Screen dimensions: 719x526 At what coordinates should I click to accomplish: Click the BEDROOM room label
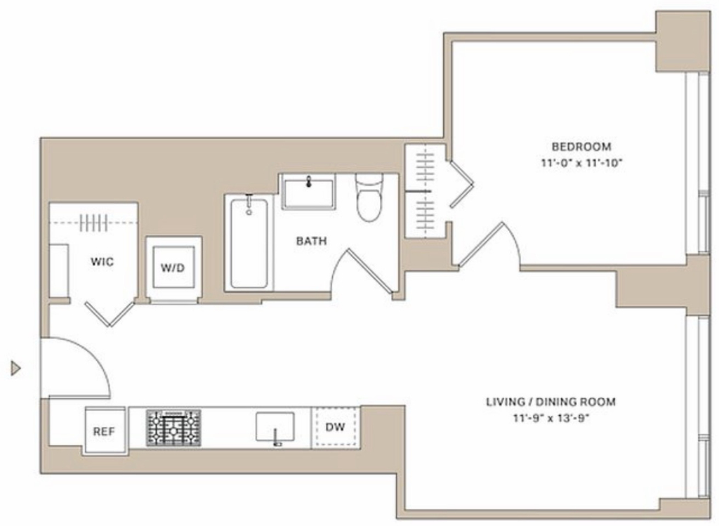[x=581, y=147]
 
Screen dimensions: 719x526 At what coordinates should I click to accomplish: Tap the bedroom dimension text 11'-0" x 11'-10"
[x=581, y=163]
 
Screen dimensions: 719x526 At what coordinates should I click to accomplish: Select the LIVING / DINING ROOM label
[x=550, y=402]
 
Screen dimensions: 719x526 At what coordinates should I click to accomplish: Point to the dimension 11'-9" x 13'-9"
[x=550, y=419]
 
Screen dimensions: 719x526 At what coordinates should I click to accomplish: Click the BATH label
[x=311, y=241]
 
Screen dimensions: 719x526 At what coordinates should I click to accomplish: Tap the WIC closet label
[x=102, y=262]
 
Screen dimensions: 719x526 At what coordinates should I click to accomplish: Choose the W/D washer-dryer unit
[x=173, y=267]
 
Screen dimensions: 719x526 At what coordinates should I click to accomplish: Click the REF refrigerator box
[x=104, y=431]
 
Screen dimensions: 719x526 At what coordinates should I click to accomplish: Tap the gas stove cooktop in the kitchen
[x=173, y=428]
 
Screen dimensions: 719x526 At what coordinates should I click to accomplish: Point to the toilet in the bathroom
[x=369, y=197]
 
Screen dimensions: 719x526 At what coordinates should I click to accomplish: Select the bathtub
[x=249, y=243]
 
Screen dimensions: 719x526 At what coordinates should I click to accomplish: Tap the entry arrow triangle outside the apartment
[x=16, y=368]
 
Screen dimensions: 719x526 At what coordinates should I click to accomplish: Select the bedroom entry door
[x=480, y=244]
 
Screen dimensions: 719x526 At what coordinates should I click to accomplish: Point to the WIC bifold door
[x=110, y=314]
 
